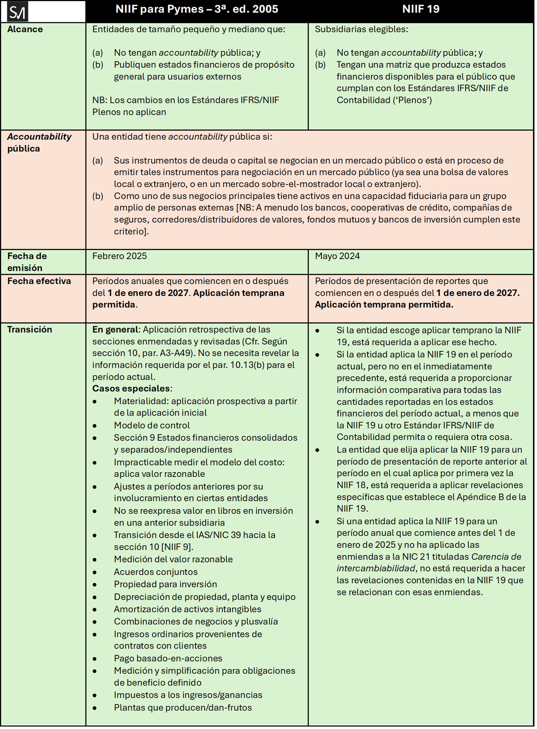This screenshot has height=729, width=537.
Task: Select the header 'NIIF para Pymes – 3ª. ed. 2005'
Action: click(197, 9)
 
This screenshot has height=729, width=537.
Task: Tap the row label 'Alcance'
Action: click(25, 29)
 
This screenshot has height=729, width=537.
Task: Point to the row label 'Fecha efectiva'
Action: click(39, 281)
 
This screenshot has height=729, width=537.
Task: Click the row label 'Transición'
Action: click(30, 330)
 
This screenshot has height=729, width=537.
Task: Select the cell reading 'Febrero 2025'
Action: click(119, 256)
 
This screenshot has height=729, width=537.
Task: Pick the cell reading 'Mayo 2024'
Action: click(337, 256)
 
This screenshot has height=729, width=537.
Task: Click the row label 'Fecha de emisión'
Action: click(27, 262)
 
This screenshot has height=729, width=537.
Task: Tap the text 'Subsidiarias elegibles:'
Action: click(361, 29)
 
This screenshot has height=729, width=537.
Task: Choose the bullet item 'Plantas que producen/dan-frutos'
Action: click(183, 708)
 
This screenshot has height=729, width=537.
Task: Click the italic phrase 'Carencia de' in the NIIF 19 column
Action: click(496, 557)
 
